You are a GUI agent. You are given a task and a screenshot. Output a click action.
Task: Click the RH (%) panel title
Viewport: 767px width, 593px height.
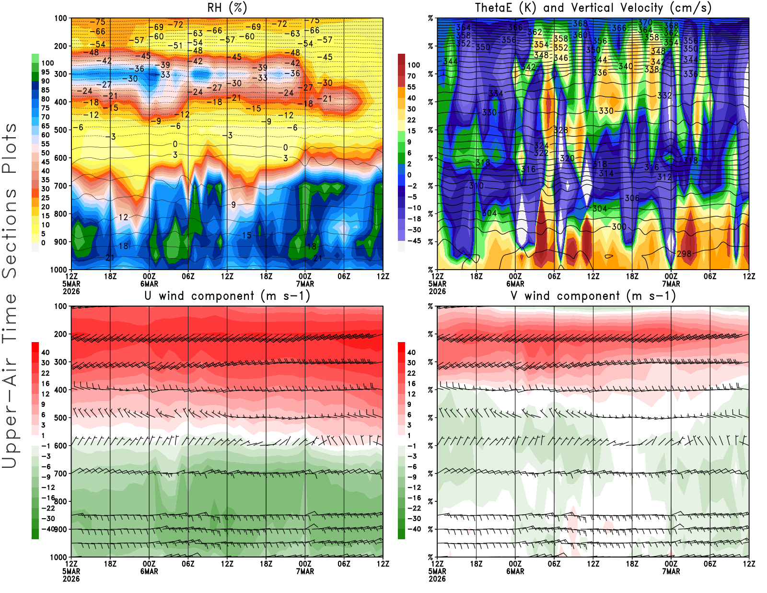(227, 8)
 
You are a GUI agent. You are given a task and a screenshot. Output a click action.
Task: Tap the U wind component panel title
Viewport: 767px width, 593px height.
(227, 296)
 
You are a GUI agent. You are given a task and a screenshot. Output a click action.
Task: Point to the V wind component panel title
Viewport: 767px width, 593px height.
(593, 296)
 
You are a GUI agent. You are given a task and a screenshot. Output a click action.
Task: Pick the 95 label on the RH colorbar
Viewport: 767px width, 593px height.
(45, 72)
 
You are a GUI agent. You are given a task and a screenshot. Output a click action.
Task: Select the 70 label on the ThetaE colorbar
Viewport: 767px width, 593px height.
(411, 76)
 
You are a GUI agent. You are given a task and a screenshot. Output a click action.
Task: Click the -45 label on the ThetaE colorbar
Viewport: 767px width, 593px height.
(414, 241)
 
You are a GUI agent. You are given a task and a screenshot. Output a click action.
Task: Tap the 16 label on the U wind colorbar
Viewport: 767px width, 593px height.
(45, 384)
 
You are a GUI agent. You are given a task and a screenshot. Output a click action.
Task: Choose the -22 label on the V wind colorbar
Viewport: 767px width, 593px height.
(414, 508)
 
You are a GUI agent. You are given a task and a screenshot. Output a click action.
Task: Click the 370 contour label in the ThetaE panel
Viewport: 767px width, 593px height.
(645, 23)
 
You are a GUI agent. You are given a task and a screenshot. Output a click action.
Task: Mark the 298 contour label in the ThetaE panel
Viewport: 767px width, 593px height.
(684, 254)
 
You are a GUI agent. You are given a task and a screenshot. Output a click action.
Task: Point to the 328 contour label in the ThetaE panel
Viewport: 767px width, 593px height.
(560, 130)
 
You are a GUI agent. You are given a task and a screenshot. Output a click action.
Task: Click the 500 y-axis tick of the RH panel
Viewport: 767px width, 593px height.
(60, 130)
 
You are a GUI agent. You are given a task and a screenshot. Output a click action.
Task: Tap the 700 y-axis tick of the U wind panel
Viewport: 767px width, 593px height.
(60, 474)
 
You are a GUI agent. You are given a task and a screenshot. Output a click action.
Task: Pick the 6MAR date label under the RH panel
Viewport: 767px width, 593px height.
(149, 284)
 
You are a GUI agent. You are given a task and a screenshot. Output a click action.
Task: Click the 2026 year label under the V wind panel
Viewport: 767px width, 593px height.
(437, 579)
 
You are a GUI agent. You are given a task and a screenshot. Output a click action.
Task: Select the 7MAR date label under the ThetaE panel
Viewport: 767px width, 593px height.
(671, 284)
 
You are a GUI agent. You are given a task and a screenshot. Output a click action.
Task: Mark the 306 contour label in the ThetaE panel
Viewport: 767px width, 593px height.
(632, 198)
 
